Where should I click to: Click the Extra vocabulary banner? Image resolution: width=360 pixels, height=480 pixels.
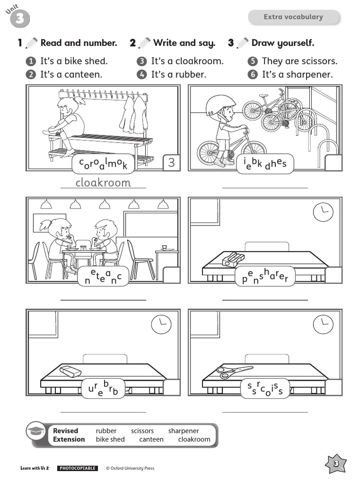(293, 17)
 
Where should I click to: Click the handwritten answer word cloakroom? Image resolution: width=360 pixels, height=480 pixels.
(103, 182)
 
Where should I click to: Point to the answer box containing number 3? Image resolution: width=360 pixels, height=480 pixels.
(171, 163)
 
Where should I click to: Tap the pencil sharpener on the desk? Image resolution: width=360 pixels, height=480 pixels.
(233, 259)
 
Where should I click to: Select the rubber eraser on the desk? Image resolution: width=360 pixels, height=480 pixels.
(71, 371)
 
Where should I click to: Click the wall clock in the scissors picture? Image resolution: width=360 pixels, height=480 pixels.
(323, 324)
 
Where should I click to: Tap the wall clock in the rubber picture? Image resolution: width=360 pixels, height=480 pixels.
(161, 324)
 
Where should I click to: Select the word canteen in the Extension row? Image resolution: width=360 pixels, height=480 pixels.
(151, 439)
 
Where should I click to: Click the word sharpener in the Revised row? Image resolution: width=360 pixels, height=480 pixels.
(183, 431)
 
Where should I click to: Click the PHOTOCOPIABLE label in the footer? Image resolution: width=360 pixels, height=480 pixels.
(77, 468)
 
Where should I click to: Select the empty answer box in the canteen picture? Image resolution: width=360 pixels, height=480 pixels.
(171, 275)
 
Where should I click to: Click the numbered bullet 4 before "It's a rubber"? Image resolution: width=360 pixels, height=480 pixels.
(142, 75)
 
